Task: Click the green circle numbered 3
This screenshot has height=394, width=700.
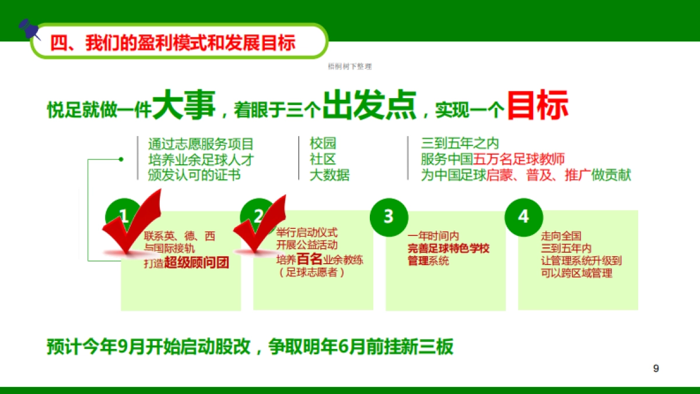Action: (388, 217)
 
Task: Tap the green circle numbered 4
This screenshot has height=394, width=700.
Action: (523, 217)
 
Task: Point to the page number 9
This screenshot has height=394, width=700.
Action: (656, 368)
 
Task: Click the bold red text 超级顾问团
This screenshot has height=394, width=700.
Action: (197, 263)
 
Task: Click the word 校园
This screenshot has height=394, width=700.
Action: (323, 144)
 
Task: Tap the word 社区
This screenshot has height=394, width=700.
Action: (323, 159)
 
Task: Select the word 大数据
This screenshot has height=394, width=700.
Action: (330, 175)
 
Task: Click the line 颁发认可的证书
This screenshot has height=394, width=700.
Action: (194, 175)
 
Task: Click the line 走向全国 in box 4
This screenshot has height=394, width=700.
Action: (561, 236)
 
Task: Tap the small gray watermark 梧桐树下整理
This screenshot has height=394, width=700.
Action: (350, 67)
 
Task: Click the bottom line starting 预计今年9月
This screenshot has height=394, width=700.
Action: (250, 347)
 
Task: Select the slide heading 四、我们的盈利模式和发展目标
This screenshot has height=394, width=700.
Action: (173, 43)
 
